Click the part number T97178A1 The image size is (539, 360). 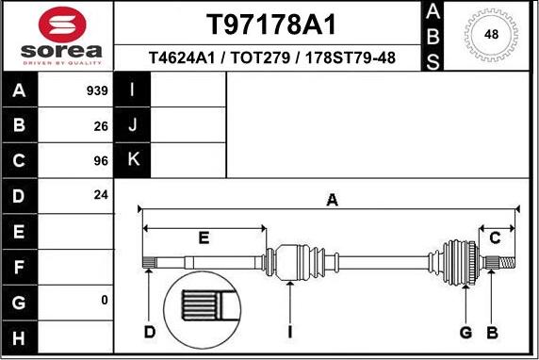tap(270, 25)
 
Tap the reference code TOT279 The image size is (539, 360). tap(257, 58)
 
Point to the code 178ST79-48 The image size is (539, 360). tap(346, 58)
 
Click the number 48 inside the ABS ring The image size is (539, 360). tap(491, 35)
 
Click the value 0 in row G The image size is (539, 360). tap(105, 300)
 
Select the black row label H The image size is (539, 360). tap(20, 335)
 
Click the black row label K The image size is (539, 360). tap(133, 160)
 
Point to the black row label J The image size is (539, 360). tap(133, 125)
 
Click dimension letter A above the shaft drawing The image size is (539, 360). tap(332, 199)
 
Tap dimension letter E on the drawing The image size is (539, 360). tap(204, 237)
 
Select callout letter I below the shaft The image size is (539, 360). tap(290, 332)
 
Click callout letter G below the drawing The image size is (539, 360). tap(465, 332)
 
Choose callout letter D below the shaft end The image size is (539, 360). tap(150, 332)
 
